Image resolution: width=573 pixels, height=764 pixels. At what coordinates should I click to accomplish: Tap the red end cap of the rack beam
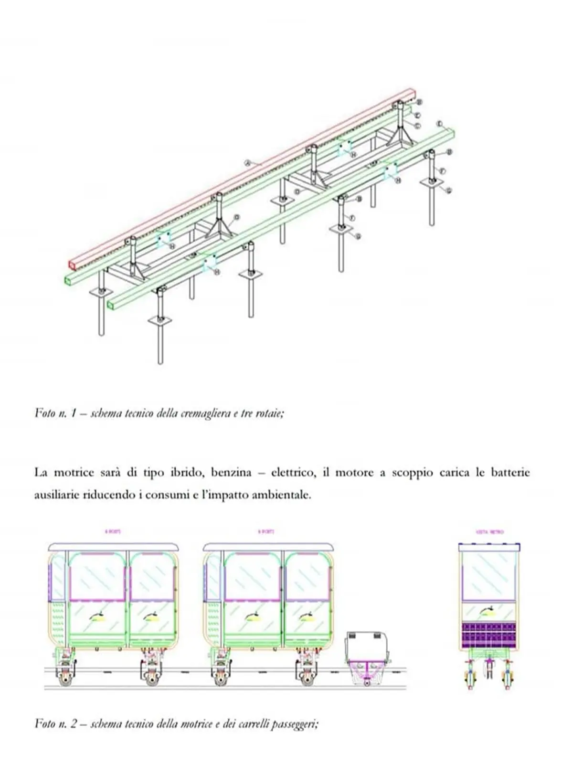(72, 264)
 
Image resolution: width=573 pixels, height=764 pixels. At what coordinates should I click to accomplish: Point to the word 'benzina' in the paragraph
(234, 473)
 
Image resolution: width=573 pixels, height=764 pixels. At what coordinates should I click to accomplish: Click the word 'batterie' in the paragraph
(510, 473)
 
